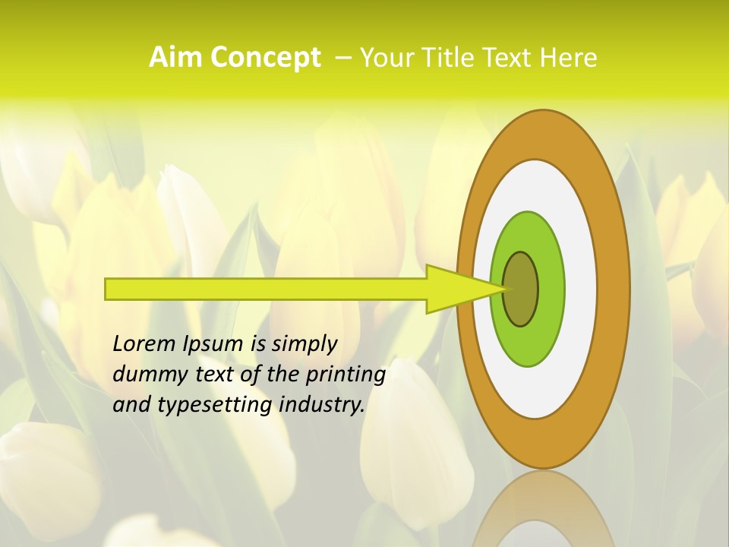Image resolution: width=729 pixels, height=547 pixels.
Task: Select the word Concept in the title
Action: pos(265,58)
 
